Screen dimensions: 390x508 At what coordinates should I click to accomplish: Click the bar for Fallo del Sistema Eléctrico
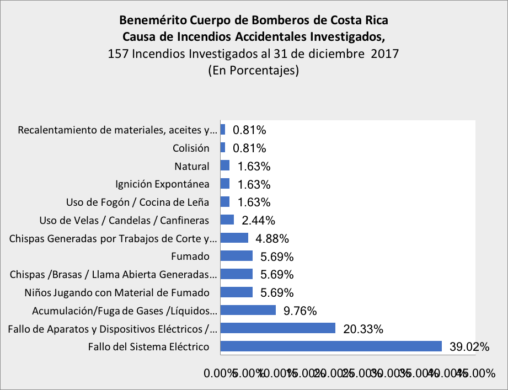point(331,346)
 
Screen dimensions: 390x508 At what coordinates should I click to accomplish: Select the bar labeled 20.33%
point(278,328)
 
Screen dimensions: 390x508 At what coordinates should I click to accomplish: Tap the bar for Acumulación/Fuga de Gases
point(248,310)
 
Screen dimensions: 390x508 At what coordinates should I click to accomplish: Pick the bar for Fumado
point(236,256)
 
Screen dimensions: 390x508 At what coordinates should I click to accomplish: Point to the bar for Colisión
point(223,148)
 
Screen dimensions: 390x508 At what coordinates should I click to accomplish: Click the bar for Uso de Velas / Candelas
point(227,220)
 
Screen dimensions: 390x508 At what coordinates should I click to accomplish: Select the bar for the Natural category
point(225,166)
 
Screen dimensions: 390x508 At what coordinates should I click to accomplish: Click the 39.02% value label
point(469,347)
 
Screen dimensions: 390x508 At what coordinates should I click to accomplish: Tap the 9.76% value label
point(300,311)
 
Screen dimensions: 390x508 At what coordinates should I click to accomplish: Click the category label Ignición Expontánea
point(162,184)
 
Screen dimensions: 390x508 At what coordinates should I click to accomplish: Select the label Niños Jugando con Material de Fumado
point(117,292)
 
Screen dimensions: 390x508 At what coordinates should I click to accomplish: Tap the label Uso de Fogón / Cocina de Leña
point(137,202)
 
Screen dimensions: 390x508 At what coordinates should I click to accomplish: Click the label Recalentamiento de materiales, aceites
point(114,130)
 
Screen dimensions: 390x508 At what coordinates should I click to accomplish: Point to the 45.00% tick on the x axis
point(477,373)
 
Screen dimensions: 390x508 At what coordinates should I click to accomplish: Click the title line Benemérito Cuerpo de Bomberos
point(254,22)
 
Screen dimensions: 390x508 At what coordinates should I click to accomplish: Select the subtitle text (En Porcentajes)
point(253,71)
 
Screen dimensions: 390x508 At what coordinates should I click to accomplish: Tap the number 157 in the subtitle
point(119,55)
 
